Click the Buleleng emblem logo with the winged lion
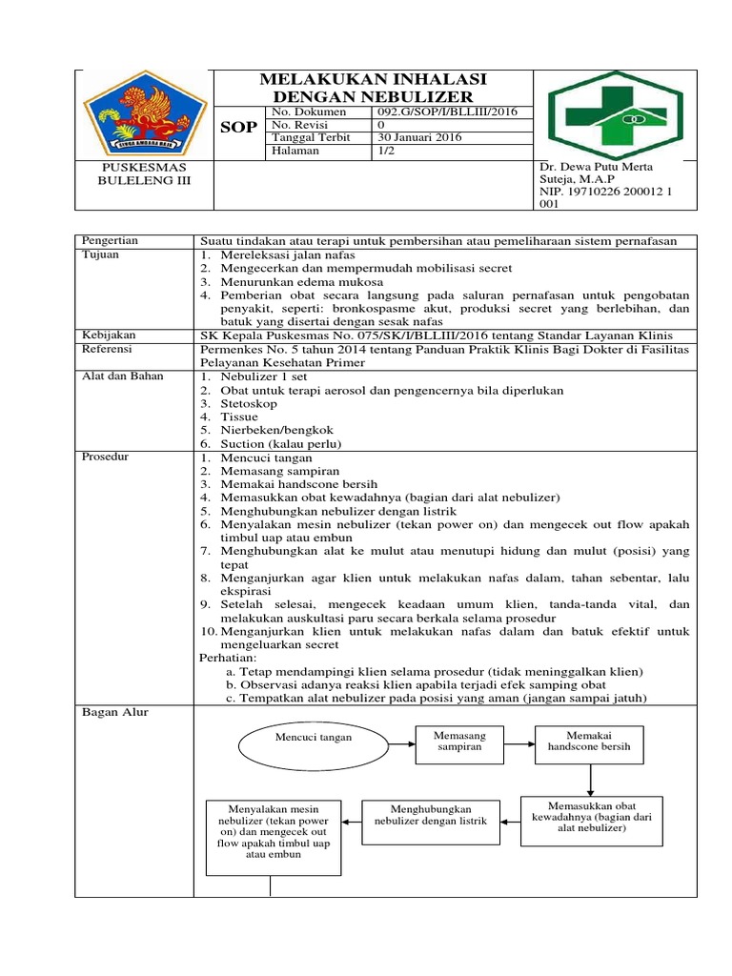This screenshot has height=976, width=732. [144, 113]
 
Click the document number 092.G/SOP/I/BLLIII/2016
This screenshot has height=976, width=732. [441, 112]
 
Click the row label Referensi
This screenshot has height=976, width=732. [109, 350]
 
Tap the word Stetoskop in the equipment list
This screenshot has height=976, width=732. [251, 403]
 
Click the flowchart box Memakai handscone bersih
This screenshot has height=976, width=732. [590, 742]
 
